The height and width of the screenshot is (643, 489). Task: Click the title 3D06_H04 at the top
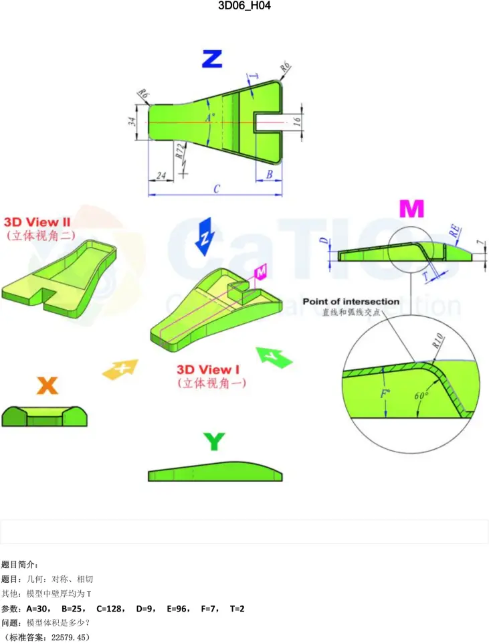tap(244, 6)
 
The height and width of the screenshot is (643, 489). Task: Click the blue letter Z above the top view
tap(211, 59)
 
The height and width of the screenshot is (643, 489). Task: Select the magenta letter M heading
tap(411, 209)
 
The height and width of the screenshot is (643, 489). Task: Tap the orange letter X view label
tap(47, 385)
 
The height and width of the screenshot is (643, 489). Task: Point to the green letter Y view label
tap(213, 442)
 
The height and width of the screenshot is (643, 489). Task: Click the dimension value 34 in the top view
tap(132, 121)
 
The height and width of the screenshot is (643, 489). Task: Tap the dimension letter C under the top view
tap(216, 189)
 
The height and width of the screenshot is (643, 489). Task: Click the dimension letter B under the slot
tap(269, 175)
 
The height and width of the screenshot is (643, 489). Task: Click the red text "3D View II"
tap(37, 221)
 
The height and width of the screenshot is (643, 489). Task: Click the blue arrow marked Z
tap(205, 236)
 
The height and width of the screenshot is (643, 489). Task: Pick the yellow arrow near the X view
tap(120, 368)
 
